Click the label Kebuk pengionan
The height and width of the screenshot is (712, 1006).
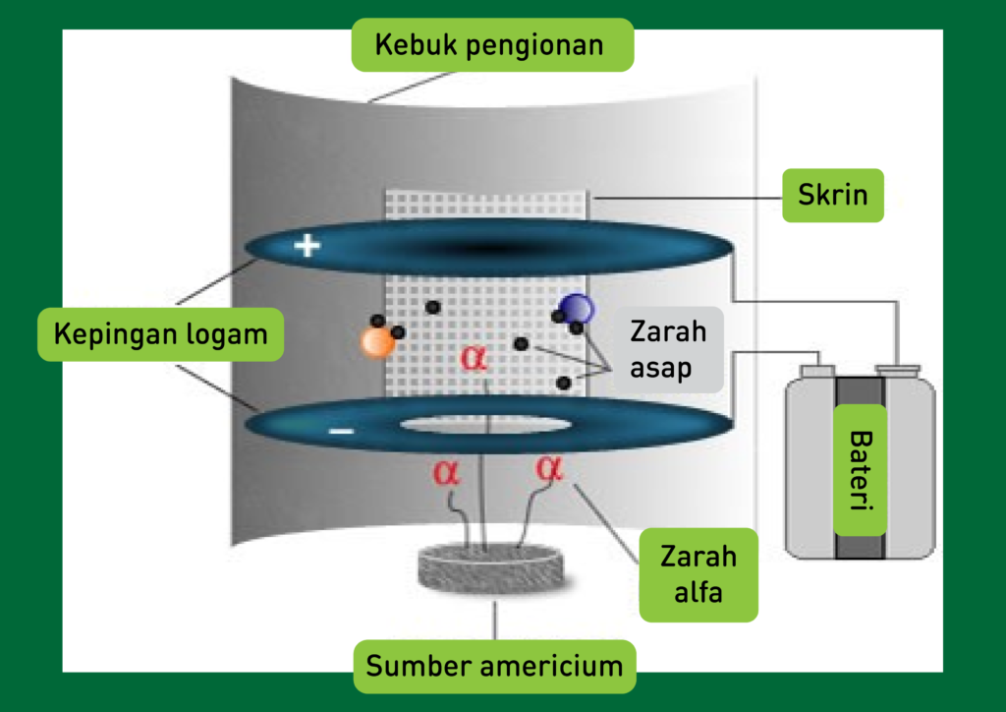click(x=492, y=45)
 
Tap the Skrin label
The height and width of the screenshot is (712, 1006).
click(x=833, y=195)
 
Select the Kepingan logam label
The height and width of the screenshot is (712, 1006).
click(x=160, y=334)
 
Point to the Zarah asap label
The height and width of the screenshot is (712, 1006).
click(x=668, y=349)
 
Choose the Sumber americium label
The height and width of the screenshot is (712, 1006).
click(x=494, y=666)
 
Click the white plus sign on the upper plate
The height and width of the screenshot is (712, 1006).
click(x=307, y=246)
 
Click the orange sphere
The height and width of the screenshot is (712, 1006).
click(x=376, y=341)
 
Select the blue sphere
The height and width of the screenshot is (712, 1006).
click(x=577, y=309)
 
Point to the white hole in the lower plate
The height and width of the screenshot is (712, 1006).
click(x=488, y=425)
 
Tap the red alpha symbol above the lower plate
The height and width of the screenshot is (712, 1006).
click(x=474, y=357)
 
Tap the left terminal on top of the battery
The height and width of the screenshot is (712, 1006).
click(x=817, y=370)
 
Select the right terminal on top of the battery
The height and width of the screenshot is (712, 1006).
click(x=898, y=371)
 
